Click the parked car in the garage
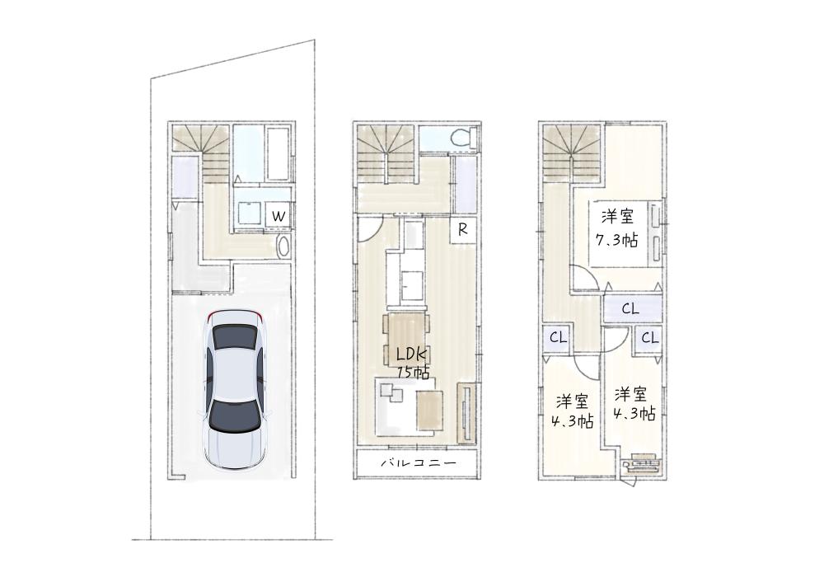pos(234,390)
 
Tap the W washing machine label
pos(279,216)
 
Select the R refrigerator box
pos(463,229)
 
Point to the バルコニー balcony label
pos(419,464)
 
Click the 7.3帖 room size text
pos(616,240)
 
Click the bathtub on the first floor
pos(279,153)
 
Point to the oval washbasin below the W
pos(283,246)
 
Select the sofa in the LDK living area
pos(398,406)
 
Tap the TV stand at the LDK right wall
pos(466,412)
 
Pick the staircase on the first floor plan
pos(202,153)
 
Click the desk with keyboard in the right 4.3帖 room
pos(640,463)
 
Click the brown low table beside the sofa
pos(430,409)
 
